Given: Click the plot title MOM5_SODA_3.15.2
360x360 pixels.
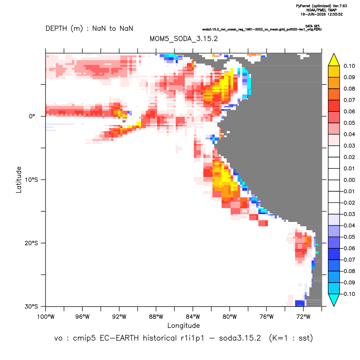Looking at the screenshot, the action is click(x=183, y=39).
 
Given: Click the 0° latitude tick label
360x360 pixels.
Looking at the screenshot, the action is click(x=32, y=116).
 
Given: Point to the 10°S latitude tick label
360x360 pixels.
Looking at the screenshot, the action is click(x=31, y=180).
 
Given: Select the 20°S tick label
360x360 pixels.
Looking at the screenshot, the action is click(x=31, y=243).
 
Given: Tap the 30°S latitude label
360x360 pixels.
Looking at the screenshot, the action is click(x=31, y=306).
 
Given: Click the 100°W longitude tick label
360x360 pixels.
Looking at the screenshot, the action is click(x=46, y=317).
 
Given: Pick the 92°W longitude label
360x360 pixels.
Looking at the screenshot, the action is click(x=119, y=317).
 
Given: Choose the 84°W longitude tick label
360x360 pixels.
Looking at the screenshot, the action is click(x=193, y=317).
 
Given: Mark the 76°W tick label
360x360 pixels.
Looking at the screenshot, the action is click(x=267, y=317).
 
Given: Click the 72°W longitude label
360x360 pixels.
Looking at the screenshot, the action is click(x=303, y=317).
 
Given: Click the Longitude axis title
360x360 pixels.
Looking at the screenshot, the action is click(x=183, y=325).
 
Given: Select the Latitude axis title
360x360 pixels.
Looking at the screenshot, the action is click(x=19, y=180).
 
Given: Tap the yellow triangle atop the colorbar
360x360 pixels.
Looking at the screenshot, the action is click(x=334, y=60).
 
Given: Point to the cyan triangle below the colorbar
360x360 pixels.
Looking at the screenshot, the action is click(x=334, y=300).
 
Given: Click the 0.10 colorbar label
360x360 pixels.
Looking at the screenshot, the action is click(x=349, y=66).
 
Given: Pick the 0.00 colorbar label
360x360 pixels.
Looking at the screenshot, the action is click(x=349, y=180).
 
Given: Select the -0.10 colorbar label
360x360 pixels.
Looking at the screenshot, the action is click(x=348, y=294).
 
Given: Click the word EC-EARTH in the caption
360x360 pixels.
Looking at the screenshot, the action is click(x=119, y=338).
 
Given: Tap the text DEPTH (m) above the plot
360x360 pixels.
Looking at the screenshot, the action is click(x=64, y=29).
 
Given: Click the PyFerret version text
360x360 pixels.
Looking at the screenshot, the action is click(x=321, y=6).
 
